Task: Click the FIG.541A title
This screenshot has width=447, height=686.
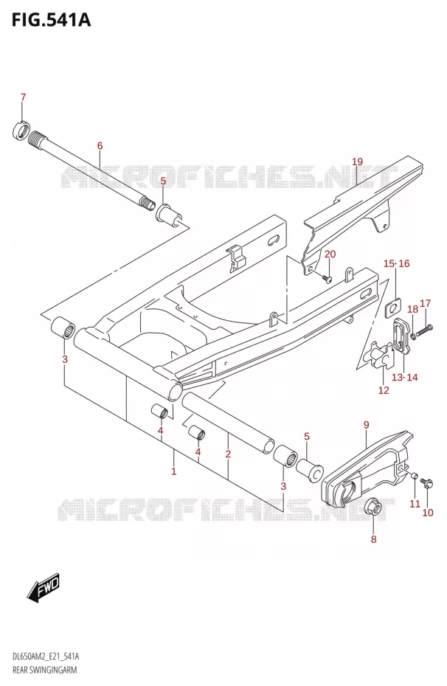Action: pos(51,20)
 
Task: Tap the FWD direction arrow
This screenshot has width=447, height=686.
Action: pos(44,586)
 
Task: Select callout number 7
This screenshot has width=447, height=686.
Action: pos(23,97)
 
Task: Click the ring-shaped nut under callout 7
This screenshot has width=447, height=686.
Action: pos(21,131)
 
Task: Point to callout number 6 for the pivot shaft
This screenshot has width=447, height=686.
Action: pos(100,146)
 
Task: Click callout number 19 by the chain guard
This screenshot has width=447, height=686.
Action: pos(357,162)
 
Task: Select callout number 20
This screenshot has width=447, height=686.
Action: pos(330,254)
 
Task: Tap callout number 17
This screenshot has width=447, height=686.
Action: pos(425,303)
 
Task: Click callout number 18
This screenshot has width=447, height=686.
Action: pos(412,309)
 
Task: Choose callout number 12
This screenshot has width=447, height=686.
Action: pos(384,389)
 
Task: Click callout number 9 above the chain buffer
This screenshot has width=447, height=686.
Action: pos(366,424)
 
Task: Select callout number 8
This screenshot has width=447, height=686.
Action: pos(373,539)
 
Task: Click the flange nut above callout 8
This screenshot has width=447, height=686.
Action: pos(373,509)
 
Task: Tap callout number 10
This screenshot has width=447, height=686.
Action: pos(428,513)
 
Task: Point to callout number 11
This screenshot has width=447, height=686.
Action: pos(415,504)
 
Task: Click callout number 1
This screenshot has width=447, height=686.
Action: pos(173,471)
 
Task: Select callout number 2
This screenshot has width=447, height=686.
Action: pos(228,454)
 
